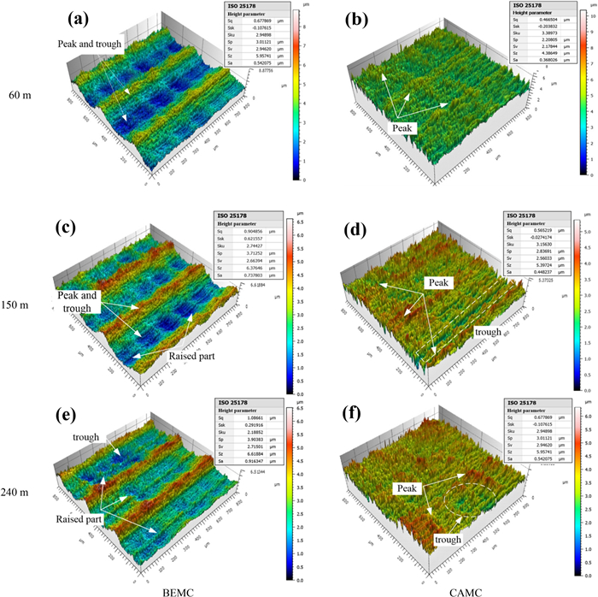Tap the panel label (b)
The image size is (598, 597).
pos(358,19)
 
